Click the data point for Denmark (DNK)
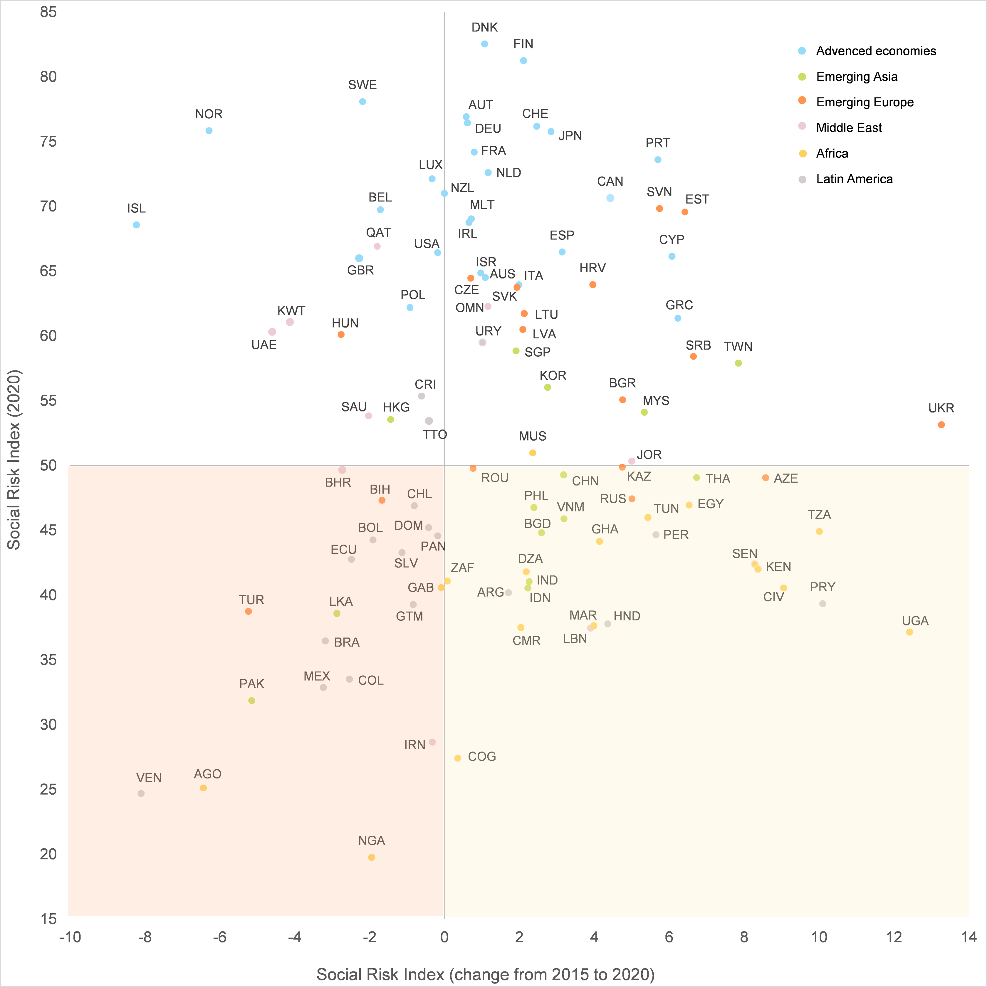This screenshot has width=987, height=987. tap(484, 44)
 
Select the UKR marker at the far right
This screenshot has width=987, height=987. tap(941, 424)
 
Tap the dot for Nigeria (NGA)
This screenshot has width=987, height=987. tap(371, 857)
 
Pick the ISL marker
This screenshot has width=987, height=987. tap(136, 225)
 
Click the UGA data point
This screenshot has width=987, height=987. tap(909, 632)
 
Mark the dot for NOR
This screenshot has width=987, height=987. tap(209, 131)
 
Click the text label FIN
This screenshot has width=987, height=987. tap(523, 44)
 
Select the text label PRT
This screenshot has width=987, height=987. tap(657, 143)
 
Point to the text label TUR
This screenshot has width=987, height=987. tap(251, 600)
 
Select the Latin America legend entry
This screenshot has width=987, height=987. tap(854, 179)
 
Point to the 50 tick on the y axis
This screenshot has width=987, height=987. tap(48, 465)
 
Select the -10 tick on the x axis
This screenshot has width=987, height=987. tap(70, 937)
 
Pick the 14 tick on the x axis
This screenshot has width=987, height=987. tap(968, 937)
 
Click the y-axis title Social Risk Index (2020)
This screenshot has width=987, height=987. tap(14, 460)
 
